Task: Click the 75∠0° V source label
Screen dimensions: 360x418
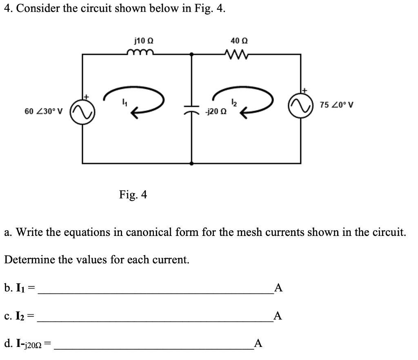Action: (x=337, y=105)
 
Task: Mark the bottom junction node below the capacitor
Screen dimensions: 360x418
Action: (x=192, y=163)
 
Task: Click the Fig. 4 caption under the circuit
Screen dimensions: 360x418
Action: (x=133, y=195)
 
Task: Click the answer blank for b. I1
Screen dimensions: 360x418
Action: (x=155, y=289)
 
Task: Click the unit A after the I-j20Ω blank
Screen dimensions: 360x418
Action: (x=258, y=344)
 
